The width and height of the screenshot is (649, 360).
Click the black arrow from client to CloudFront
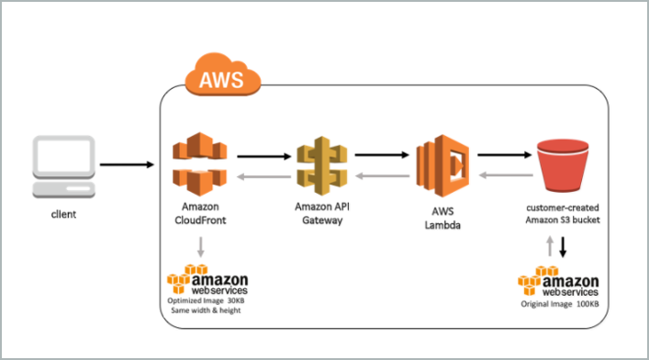coord(127,165)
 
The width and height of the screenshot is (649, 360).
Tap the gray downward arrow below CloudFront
coord(200,246)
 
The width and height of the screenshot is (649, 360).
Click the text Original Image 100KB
coord(560,302)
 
